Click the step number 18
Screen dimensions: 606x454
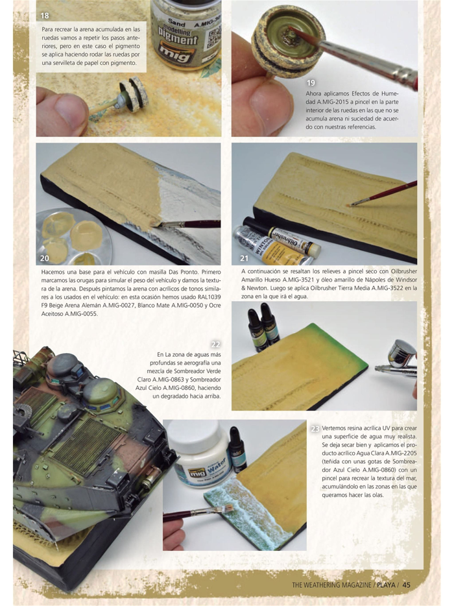click(44, 16)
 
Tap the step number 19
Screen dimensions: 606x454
click(311, 83)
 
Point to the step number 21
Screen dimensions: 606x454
click(243, 258)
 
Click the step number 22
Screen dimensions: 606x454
click(216, 344)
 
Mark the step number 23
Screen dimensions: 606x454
click(315, 429)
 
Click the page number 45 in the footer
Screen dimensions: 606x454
click(407, 583)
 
